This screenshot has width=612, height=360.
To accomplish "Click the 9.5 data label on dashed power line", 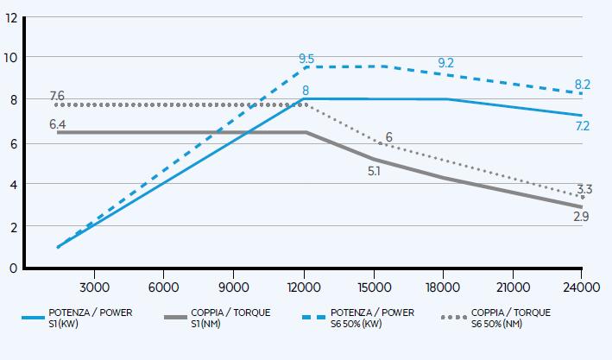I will [306, 59].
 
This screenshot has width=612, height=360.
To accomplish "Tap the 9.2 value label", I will [446, 63].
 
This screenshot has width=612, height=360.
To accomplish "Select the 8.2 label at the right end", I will [583, 85].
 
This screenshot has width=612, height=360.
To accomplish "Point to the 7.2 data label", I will [583, 126].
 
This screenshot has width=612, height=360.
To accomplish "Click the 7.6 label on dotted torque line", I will [58, 95].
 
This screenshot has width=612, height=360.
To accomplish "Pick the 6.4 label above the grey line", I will [58, 123].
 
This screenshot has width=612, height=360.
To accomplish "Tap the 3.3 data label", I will [584, 189].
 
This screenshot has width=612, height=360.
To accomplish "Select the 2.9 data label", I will [582, 217].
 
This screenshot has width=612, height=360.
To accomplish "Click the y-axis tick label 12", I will [11, 16].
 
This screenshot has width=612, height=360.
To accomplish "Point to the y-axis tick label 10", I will [11, 58].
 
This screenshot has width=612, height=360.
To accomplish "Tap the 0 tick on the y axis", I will [14, 268].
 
